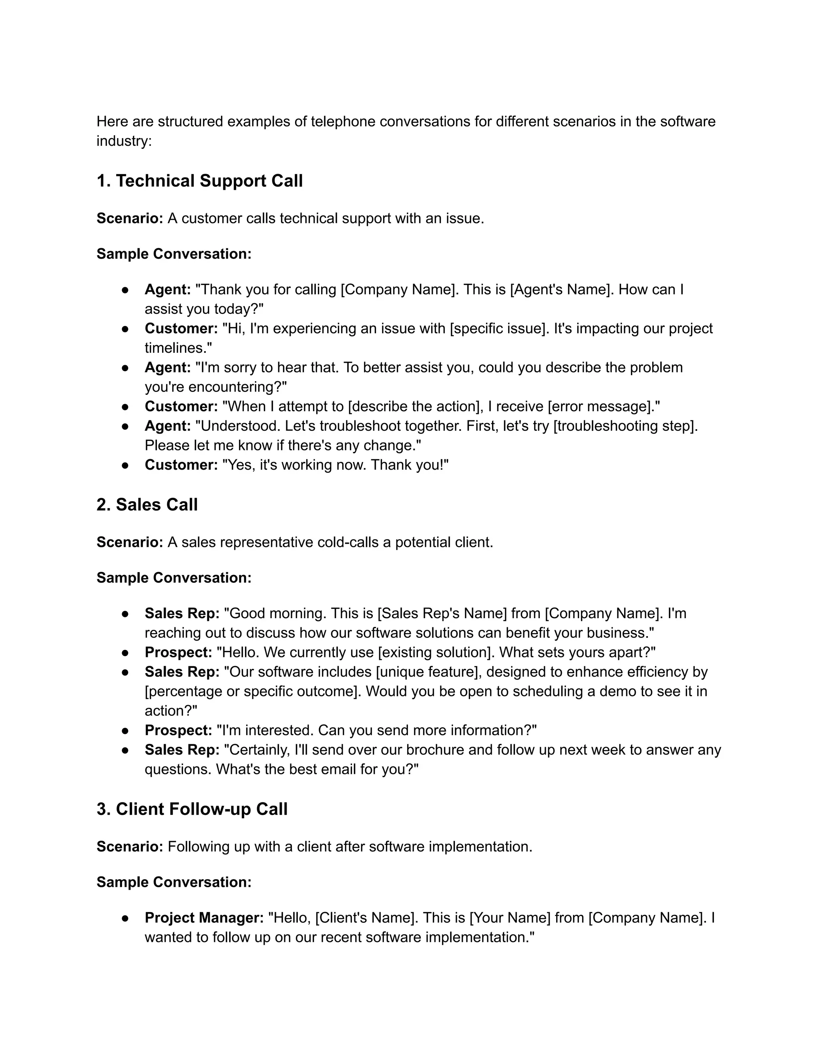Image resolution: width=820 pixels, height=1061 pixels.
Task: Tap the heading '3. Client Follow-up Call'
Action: click(192, 809)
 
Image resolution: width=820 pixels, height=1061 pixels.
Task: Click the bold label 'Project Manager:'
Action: click(204, 918)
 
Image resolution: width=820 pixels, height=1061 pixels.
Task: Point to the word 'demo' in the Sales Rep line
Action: click(617, 691)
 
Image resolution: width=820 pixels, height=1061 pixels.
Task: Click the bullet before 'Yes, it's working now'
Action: click(125, 465)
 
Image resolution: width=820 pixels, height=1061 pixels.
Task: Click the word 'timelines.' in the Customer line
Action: click(178, 348)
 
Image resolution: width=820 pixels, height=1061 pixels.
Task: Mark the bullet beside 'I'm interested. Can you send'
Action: click(125, 730)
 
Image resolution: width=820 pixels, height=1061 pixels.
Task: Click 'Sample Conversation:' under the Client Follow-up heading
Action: click(174, 882)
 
